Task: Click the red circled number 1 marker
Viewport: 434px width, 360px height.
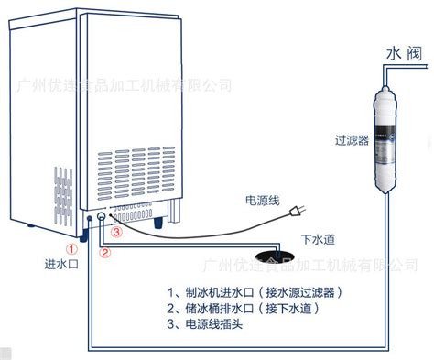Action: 71,247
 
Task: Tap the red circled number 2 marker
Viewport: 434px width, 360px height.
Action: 104,254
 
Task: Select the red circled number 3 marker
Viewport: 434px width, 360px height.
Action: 116,233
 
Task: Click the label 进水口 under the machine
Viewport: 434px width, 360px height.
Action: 63,266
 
